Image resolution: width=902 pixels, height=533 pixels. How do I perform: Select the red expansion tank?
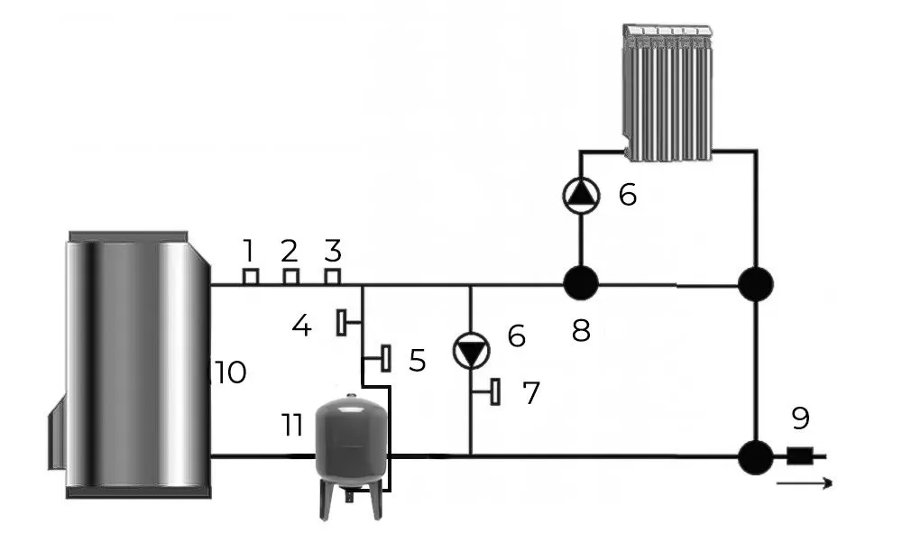pyautogui.click(x=350, y=441)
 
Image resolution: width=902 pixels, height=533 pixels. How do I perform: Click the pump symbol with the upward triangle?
pyautogui.click(x=580, y=194)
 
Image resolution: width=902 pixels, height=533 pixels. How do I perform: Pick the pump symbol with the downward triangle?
pyautogui.click(x=471, y=351)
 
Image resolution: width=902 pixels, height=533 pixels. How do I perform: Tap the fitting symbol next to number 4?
pyautogui.click(x=344, y=322)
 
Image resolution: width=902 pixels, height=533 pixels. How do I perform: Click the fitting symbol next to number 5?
pyautogui.click(x=385, y=358)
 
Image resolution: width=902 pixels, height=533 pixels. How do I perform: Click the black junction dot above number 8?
pyautogui.click(x=580, y=284)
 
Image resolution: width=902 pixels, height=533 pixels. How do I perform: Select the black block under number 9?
pyautogui.click(x=798, y=456)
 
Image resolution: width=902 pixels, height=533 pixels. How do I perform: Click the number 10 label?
pyautogui.click(x=230, y=372)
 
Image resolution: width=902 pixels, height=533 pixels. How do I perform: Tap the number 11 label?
pyautogui.click(x=290, y=426)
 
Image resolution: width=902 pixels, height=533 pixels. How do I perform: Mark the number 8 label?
pyautogui.click(x=581, y=330)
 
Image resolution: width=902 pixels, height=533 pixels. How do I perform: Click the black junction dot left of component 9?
pyautogui.click(x=754, y=456)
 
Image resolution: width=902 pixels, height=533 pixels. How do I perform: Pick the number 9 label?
pyautogui.click(x=799, y=418)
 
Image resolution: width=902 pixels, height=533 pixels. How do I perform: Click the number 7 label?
pyautogui.click(x=531, y=393)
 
